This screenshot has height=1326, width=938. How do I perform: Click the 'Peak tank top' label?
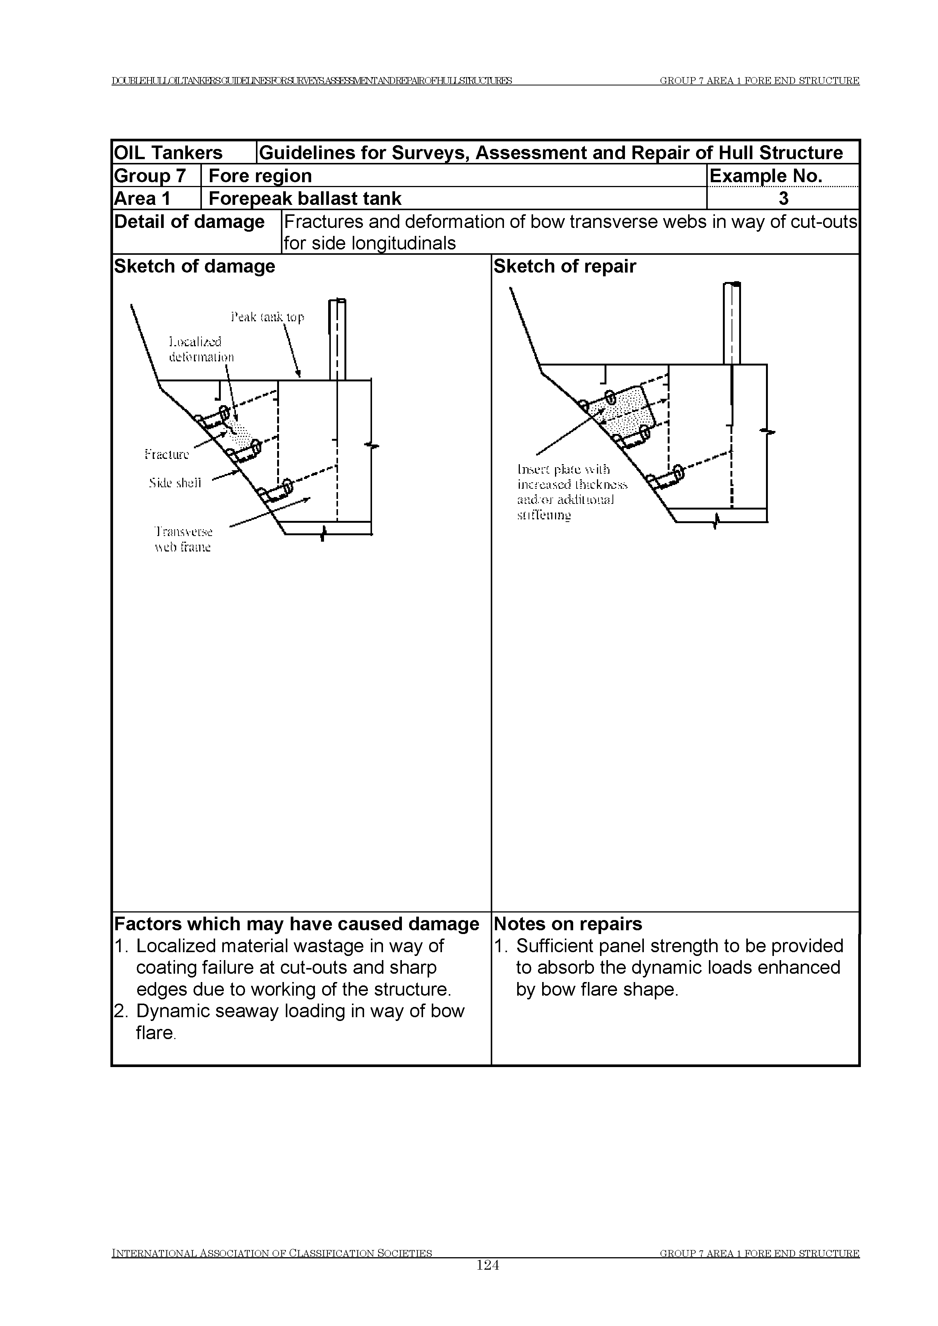pos(267,317)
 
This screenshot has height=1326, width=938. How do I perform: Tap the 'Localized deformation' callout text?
pos(200,349)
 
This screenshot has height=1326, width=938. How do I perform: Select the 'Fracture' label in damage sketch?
pos(167,454)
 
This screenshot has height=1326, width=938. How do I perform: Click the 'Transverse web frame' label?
pos(183,539)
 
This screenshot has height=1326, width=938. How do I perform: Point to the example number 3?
pos(783,199)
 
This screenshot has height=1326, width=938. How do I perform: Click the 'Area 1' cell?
pos(143,199)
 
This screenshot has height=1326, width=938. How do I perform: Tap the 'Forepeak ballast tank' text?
pos(304,199)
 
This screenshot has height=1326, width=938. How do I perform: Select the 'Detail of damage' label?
pos(189,222)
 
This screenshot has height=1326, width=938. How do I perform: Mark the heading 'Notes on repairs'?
pos(568,924)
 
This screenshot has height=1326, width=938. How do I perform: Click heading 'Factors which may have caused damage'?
pos(296,924)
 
